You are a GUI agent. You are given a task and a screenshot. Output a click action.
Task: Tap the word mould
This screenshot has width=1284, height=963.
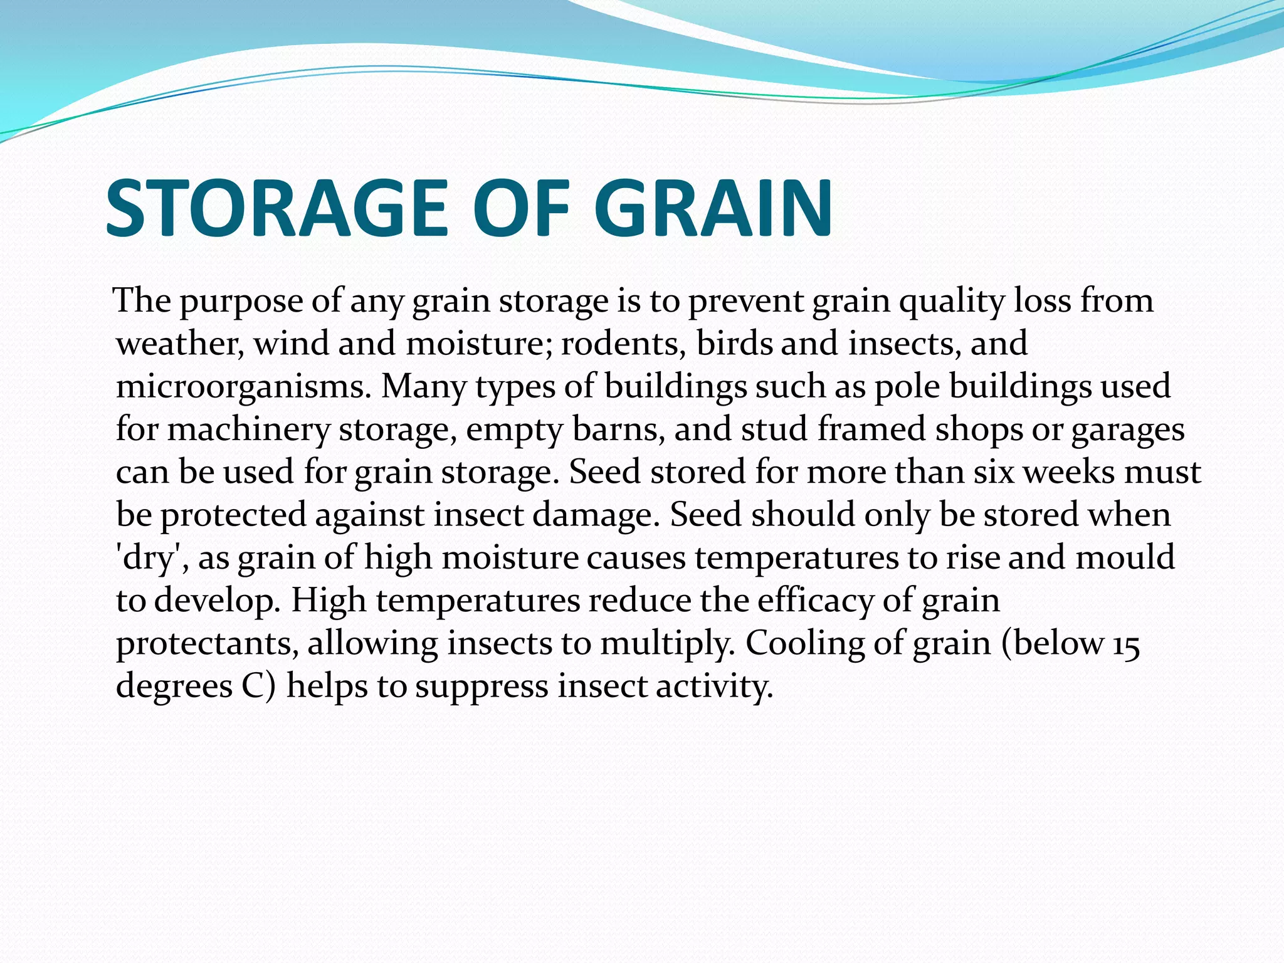tap(1125, 558)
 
